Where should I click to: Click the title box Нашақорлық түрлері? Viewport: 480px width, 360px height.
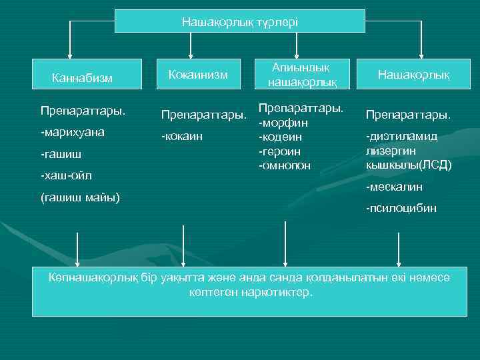click(x=240, y=21)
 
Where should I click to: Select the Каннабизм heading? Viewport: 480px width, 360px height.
click(x=82, y=79)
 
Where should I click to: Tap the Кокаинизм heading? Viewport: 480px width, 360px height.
click(x=198, y=74)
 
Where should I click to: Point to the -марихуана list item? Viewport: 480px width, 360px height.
click(x=73, y=132)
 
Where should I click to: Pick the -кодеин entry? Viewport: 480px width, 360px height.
click(x=281, y=137)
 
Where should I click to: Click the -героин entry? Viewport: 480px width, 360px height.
click(x=280, y=151)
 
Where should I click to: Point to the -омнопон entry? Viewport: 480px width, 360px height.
click(x=285, y=165)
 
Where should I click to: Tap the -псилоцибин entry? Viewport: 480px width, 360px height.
click(x=401, y=209)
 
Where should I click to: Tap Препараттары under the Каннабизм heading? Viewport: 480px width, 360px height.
click(x=74, y=108)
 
